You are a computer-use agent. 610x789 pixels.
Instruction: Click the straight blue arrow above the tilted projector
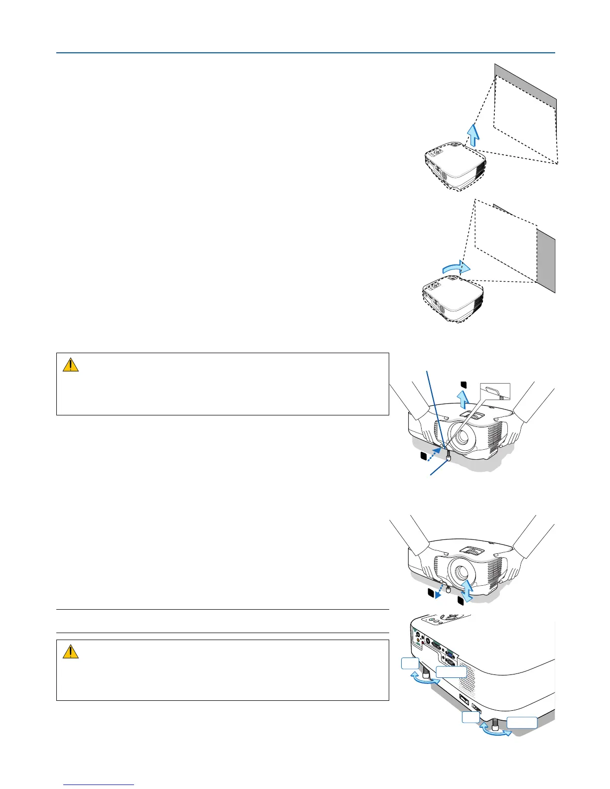(473, 134)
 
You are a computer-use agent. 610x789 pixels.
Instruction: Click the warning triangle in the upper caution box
(71, 365)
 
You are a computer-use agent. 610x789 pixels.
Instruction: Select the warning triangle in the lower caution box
(71, 652)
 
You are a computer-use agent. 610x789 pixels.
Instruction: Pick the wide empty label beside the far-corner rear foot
(522, 723)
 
